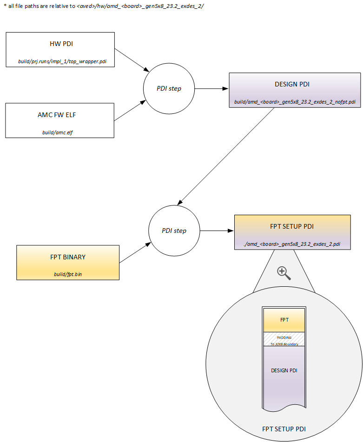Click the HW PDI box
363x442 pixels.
(60, 50)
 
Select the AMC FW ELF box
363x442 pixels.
(60, 120)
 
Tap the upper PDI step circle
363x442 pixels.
(168, 88)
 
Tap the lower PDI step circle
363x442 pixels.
(174, 231)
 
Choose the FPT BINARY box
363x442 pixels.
(68, 262)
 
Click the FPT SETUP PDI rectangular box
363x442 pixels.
(291, 232)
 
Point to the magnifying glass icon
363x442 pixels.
(284, 273)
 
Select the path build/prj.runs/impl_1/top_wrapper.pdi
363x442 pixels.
(60, 61)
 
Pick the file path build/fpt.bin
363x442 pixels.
(68, 274)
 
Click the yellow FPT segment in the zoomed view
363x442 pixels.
(284, 321)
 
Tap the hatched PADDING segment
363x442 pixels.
(284, 339)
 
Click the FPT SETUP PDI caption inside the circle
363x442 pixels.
(284, 429)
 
